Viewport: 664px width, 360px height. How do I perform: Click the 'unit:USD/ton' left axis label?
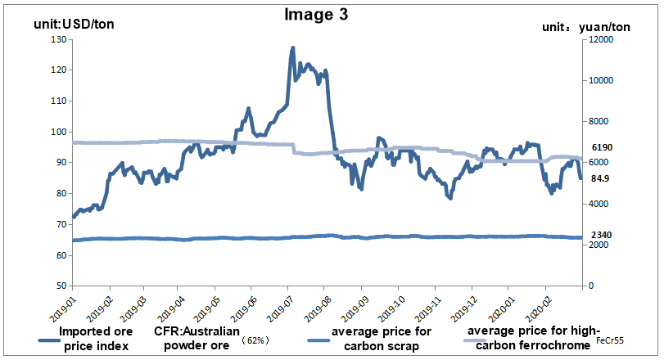(x=74, y=24)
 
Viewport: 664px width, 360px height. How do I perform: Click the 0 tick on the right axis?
(x=587, y=286)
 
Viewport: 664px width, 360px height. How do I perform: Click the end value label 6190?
(x=603, y=147)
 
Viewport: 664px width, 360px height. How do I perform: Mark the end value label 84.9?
(x=600, y=178)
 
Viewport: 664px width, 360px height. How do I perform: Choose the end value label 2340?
(x=602, y=236)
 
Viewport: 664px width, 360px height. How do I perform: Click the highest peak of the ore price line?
(x=293, y=48)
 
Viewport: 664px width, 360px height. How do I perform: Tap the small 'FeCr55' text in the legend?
(x=610, y=340)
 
